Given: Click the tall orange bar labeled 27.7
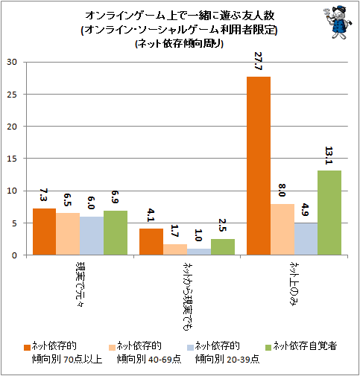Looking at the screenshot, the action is (259, 166).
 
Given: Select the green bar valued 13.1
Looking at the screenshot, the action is (329, 213).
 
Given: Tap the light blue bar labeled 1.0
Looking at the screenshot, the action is (199, 252).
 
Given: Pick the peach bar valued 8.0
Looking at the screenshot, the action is (282, 229).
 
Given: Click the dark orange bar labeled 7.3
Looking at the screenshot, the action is (44, 232).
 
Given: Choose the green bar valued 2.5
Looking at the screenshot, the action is (223, 247).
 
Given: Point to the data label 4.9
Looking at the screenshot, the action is (306, 210).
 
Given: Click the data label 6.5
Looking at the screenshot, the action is (67, 200).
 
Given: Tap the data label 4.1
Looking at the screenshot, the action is (151, 215).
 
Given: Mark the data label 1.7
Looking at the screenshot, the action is (174, 231).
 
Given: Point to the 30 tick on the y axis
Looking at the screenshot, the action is (12, 62).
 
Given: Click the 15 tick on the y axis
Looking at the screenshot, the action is (12, 159).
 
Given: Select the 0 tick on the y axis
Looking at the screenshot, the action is (14, 255).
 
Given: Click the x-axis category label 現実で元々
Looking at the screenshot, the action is (80, 284).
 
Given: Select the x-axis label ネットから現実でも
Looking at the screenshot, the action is (187, 296).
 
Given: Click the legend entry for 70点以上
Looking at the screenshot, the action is (63, 352).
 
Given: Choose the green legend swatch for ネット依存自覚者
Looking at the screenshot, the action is (268, 348).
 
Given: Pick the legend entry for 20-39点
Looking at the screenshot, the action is (224, 352).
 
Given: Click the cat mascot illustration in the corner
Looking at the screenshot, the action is (338, 22).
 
